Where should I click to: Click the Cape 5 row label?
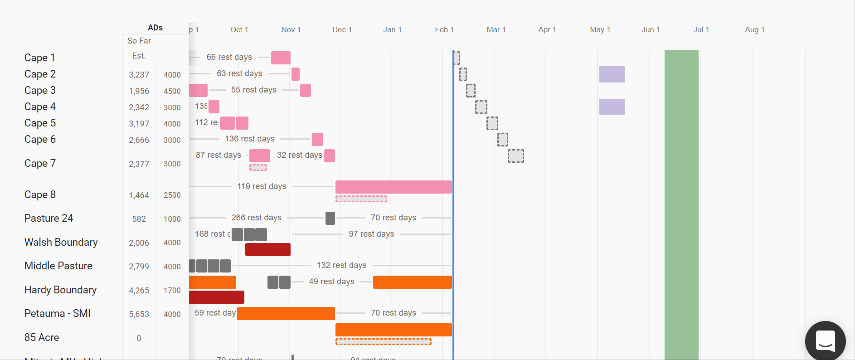point(40,123)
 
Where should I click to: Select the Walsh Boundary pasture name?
point(61,242)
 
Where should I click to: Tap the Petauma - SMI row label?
point(57,313)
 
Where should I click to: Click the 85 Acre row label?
point(42,337)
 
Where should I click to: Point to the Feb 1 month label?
point(444,29)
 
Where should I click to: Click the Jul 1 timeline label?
point(701,29)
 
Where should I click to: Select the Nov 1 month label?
point(291,29)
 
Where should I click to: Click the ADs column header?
point(155,28)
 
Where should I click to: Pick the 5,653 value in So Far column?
point(139,314)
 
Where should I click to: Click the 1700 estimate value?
point(172,290)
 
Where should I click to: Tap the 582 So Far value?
point(139,219)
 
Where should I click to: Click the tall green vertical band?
point(681,204)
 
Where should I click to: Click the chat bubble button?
point(825,341)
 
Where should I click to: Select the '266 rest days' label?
point(256,218)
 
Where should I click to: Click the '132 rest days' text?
point(341,265)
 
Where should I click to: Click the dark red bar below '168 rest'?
point(267,250)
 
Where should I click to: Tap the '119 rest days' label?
point(262,186)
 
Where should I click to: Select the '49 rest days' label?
point(331,282)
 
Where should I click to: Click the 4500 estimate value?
point(172,91)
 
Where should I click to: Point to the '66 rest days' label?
point(229,57)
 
